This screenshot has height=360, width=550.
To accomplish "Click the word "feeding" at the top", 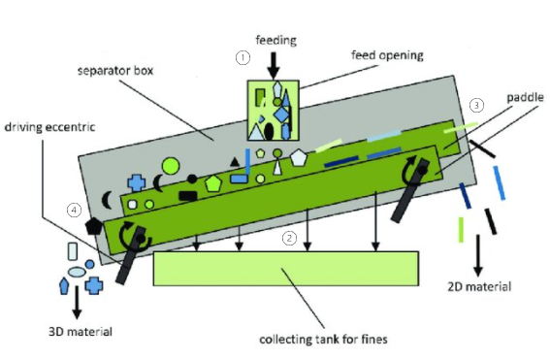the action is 276,41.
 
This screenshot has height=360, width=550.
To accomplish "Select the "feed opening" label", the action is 387,55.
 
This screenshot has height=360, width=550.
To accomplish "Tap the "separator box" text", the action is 115,71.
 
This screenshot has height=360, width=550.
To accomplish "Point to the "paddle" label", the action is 525,97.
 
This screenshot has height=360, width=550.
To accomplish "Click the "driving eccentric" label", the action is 49,127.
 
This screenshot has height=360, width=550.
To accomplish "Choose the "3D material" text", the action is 81,332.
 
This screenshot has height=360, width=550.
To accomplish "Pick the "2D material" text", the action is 479,286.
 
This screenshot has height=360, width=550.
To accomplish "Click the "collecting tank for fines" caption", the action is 323,340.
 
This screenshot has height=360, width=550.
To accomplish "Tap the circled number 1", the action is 243,57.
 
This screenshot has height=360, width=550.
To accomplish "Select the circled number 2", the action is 289,239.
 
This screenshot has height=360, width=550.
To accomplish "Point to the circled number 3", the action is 476,105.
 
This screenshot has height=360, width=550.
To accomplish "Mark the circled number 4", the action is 74,211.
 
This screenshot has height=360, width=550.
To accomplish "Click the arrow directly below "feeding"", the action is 274,66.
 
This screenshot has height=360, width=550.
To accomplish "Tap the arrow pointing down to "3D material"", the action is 77,302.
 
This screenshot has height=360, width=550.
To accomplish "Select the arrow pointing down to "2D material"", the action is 478,256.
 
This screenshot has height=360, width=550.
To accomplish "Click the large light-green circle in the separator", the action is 171,166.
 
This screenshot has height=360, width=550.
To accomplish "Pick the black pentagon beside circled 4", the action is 94,226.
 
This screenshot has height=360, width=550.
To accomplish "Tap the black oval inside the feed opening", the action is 269,131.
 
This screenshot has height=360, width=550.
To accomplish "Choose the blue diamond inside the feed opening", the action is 282,115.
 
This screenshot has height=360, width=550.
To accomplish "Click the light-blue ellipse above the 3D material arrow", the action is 78,272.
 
